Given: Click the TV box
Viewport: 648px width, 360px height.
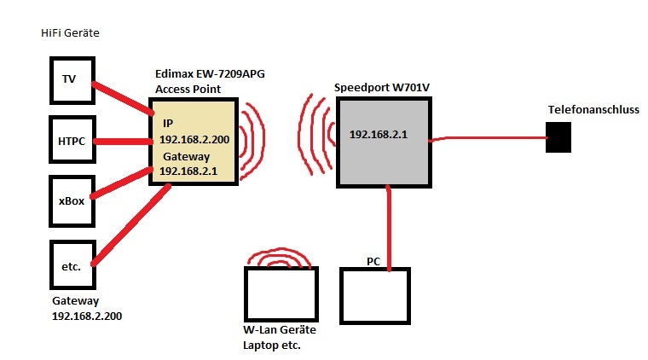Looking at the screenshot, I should click(71, 80).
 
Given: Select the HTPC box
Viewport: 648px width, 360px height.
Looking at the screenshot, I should click(71, 140).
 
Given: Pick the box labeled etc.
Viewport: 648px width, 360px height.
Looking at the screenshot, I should click(71, 267).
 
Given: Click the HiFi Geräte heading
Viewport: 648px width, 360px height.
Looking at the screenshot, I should click(70, 32).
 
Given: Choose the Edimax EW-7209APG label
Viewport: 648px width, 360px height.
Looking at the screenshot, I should click(210, 74).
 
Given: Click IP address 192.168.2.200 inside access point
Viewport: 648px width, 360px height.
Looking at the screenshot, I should click(193, 138).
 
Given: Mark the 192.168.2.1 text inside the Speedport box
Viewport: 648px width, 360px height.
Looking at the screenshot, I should click(379, 134).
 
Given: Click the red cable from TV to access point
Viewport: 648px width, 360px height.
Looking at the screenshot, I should click(124, 98).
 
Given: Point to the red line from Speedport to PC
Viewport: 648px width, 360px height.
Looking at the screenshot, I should click(390, 228).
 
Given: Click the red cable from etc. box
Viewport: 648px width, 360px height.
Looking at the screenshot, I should click(128, 228).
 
